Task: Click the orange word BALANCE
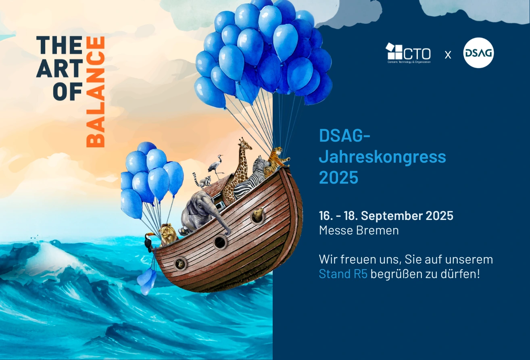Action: pos(96,92)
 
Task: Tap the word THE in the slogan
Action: pos(59,45)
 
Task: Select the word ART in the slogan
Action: pos(59,68)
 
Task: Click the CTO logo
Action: pos(408,53)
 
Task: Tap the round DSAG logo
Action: pos(478,53)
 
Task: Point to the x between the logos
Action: pos(448,55)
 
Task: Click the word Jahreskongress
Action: pos(382,157)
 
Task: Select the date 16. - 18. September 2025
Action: pos(386,216)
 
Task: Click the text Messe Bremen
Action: pos(359,230)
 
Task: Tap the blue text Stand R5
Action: pos(343,274)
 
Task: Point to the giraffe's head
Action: pos(245,144)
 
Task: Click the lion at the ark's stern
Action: pos(167,234)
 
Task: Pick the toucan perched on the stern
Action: pos(149,241)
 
